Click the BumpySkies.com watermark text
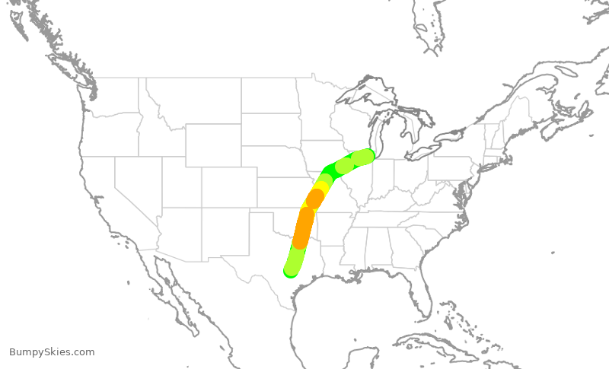(x=52, y=352)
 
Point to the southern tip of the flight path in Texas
(x=291, y=270)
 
